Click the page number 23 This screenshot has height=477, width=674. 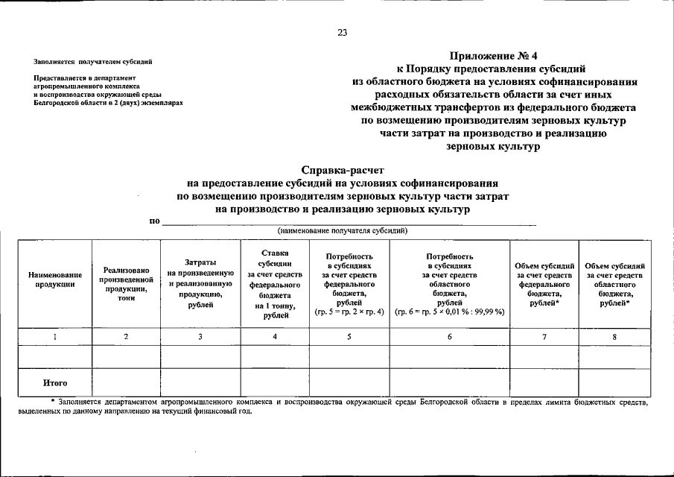(342, 32)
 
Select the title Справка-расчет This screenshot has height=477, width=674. (343, 171)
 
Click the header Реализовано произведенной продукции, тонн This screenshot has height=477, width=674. (126, 285)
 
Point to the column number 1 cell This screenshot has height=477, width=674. (55, 337)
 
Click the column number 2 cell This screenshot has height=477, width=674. (126, 337)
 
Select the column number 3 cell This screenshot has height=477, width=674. (200, 337)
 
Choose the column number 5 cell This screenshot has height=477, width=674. (349, 337)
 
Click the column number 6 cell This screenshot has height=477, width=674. (449, 337)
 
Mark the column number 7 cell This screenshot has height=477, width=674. (544, 337)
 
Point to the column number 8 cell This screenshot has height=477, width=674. (614, 337)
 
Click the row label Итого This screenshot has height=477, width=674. (55, 383)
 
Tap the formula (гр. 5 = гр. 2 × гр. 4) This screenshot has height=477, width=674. (349, 312)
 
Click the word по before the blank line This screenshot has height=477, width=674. (154, 221)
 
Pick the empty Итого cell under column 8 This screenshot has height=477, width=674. (614, 383)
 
